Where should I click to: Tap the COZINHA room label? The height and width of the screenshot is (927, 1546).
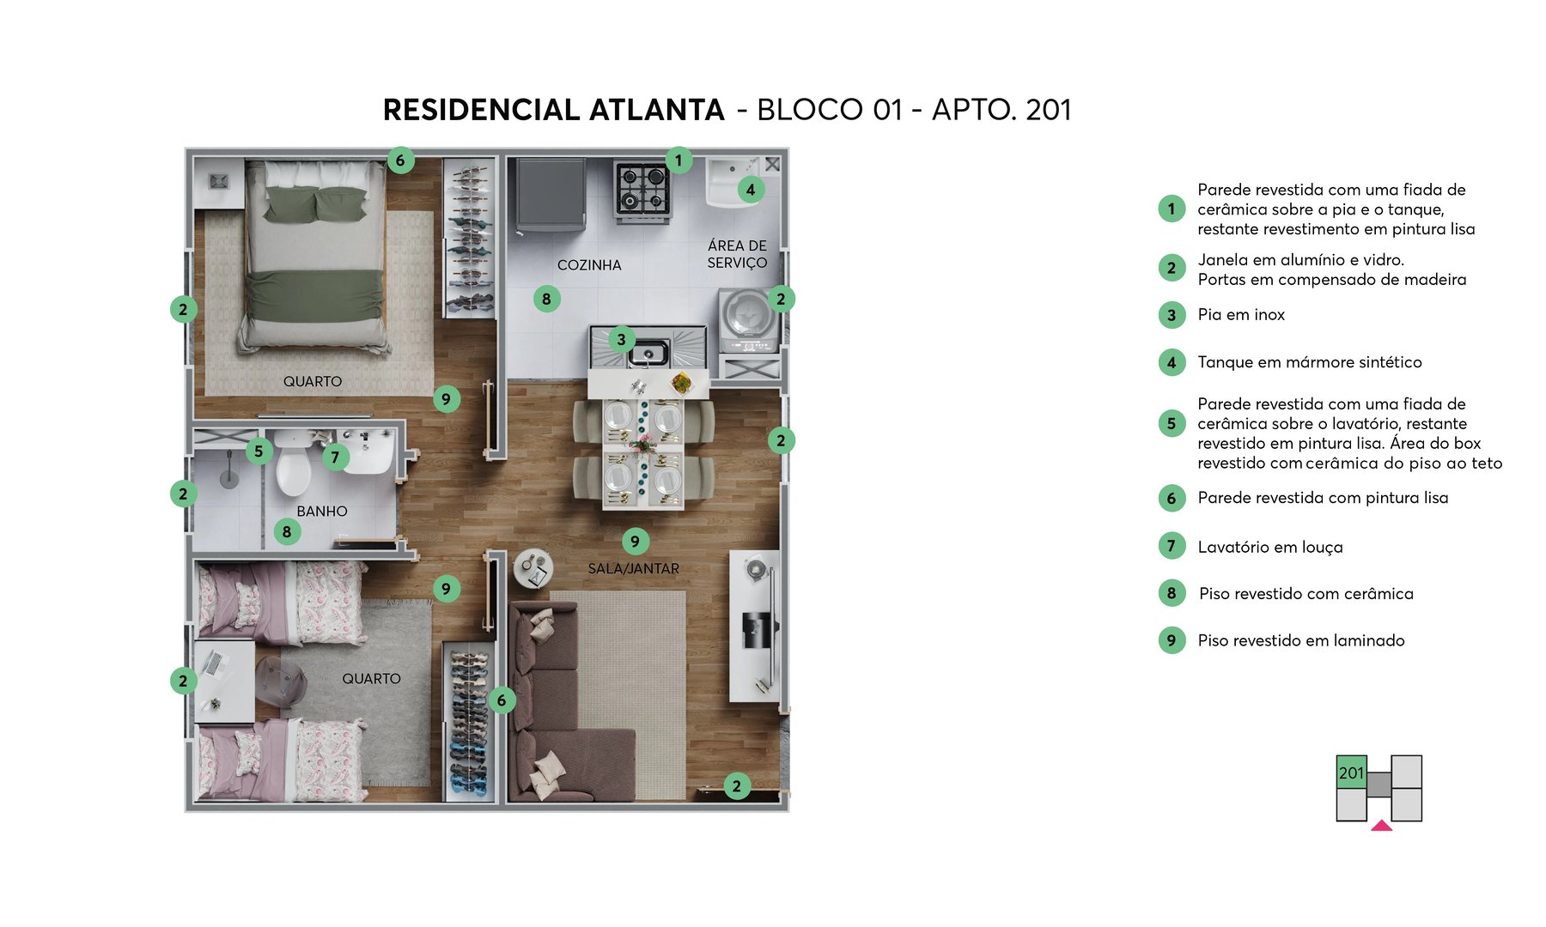(x=589, y=265)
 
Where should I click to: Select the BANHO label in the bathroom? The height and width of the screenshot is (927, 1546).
(x=322, y=511)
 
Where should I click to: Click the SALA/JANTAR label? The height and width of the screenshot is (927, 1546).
(x=633, y=568)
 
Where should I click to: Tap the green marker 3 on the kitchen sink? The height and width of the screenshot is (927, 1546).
(x=621, y=339)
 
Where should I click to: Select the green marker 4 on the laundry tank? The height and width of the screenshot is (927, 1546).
(x=751, y=190)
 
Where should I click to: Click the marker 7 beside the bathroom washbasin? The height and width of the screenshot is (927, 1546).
(x=335, y=457)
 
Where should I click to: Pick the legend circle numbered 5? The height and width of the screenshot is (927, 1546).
(x=1172, y=423)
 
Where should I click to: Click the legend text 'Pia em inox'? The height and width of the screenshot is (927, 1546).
(x=1241, y=315)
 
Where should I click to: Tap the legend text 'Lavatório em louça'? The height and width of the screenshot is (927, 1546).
(x=1269, y=547)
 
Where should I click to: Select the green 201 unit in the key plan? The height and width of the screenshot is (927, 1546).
(x=1351, y=772)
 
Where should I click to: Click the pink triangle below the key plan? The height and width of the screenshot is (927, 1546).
(x=1381, y=826)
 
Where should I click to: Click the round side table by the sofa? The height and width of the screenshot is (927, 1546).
(x=533, y=567)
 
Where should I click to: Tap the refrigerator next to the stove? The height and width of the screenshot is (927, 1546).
(x=551, y=196)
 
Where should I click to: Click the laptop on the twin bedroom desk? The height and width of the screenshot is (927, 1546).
(x=212, y=663)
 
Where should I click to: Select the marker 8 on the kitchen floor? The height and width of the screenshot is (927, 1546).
(x=546, y=299)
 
